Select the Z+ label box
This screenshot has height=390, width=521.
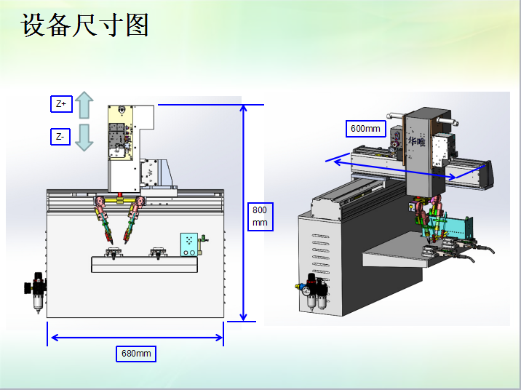pos(61,105)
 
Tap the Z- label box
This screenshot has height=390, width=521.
pos(61,136)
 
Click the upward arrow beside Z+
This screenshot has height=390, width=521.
pos(84,106)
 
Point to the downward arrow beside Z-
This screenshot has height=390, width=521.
pos(84,137)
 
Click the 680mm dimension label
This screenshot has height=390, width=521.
pos(136,354)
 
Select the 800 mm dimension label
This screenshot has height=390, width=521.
pos(260,215)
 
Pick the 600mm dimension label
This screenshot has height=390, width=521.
pos(365,129)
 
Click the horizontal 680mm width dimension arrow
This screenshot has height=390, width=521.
pos(135,337)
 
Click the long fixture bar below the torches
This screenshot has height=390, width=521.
pos(143,264)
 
